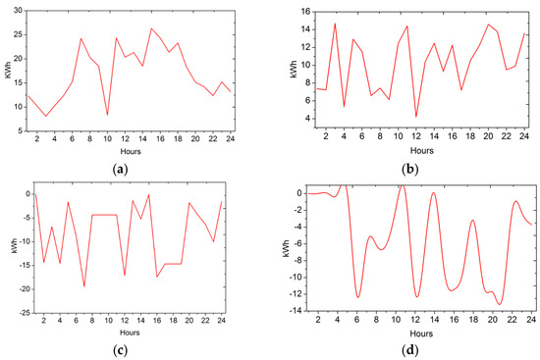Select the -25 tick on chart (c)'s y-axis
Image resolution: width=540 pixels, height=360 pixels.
pyautogui.click(x=15, y=312)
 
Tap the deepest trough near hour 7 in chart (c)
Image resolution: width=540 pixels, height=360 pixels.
pyautogui.click(x=84, y=285)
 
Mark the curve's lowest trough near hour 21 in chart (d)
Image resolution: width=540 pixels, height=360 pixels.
pyautogui.click(x=501, y=304)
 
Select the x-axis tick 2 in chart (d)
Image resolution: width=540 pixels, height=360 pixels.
pyautogui.click(x=317, y=320)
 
